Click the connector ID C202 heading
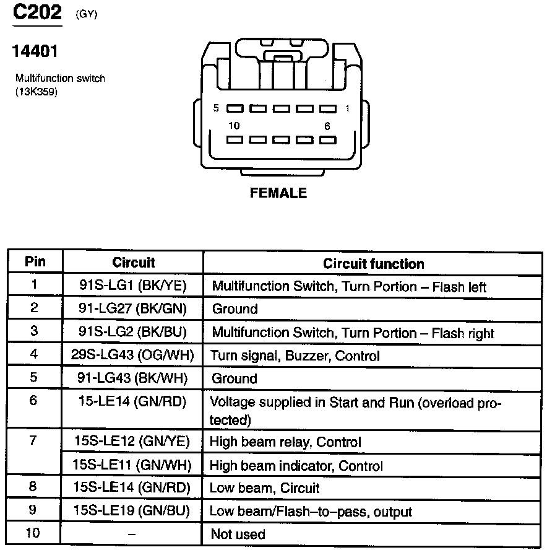pyautogui.click(x=37, y=12)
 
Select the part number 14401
pyautogui.click(x=35, y=51)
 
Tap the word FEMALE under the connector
pyautogui.click(x=278, y=193)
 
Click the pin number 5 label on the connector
pyautogui.click(x=216, y=108)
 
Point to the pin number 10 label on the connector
pyautogui.click(x=233, y=126)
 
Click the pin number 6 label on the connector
pyautogui.click(x=326, y=126)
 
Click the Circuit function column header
pyautogui.click(x=373, y=263)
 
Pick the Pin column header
pyautogui.click(x=35, y=261)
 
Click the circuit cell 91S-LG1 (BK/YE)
pyautogui.click(x=133, y=286)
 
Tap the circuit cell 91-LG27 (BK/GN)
pyautogui.click(x=133, y=308)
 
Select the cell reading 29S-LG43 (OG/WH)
pyautogui.click(x=133, y=356)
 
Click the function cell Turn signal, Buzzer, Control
pyautogui.click(x=295, y=356)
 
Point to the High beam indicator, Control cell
pyautogui.click(x=296, y=465)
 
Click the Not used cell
pyautogui.click(x=238, y=534)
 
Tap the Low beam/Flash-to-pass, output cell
pyautogui.click(x=311, y=512)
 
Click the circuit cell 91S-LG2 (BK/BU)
pyautogui.click(x=133, y=332)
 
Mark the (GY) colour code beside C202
pyautogui.click(x=86, y=14)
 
